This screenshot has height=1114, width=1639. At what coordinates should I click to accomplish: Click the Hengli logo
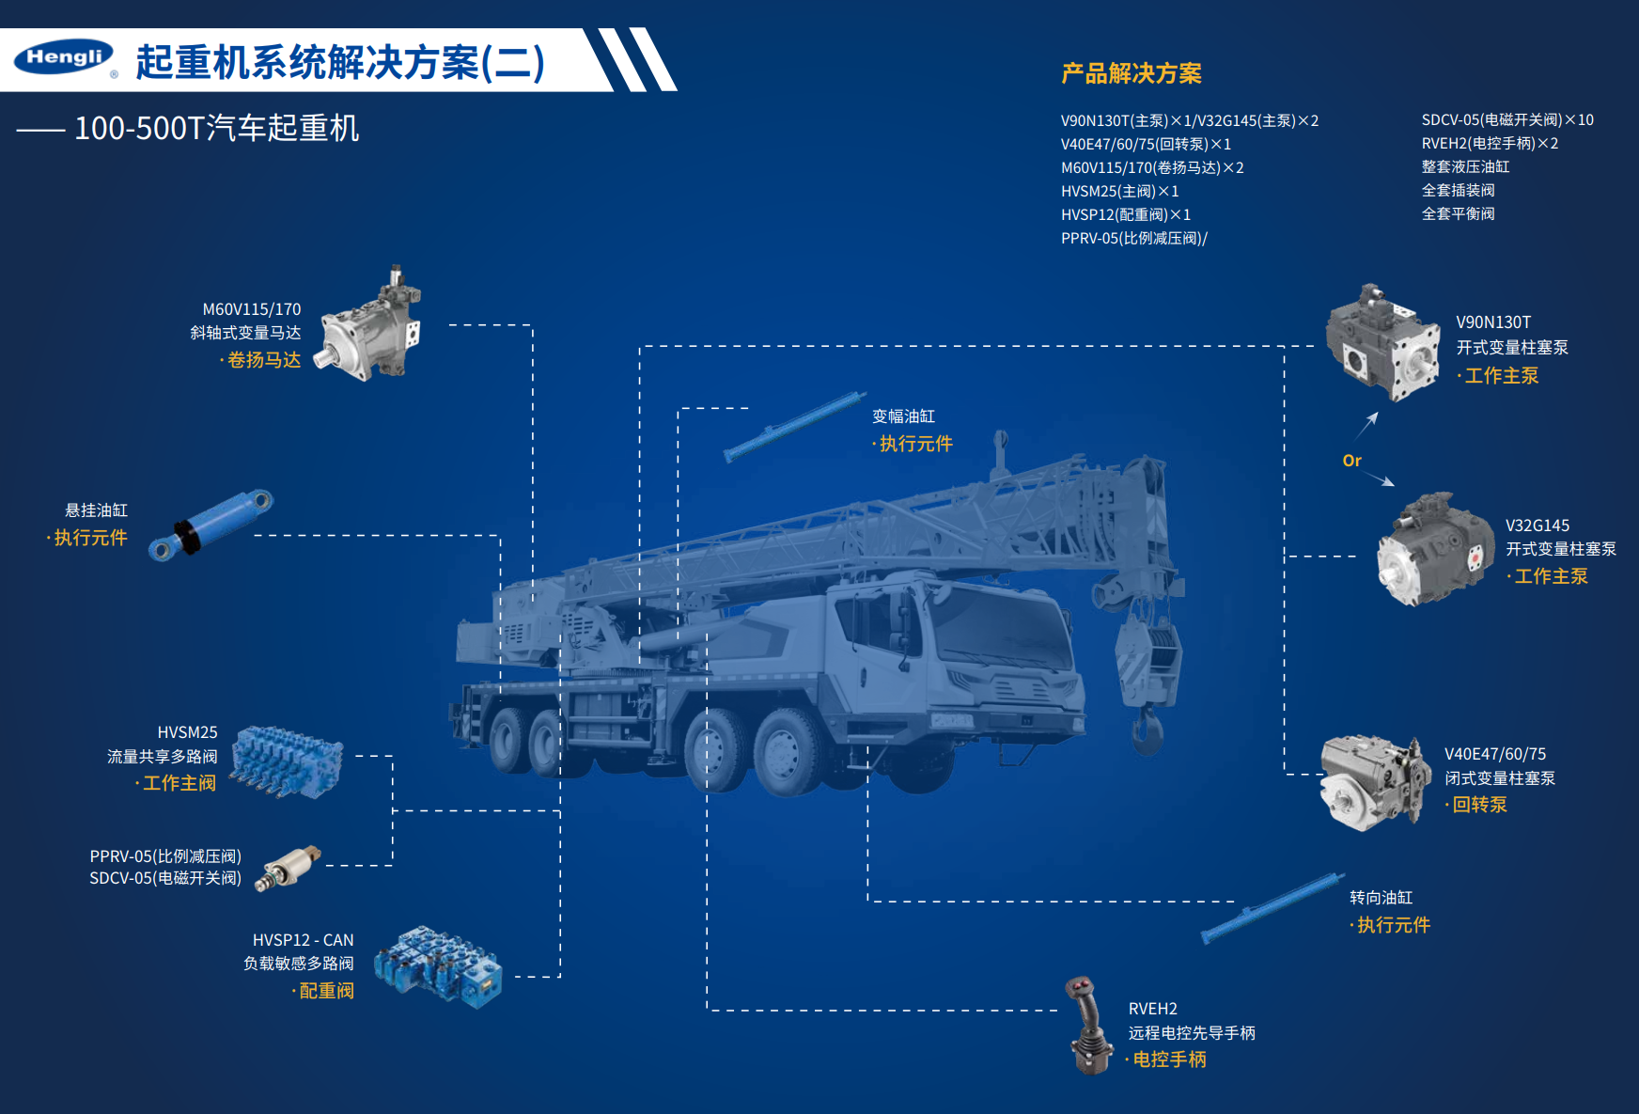pos(65,57)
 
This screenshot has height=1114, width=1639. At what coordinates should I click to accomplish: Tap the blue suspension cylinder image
pos(211,525)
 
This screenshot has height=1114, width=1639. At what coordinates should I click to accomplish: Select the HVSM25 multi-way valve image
pos(286,761)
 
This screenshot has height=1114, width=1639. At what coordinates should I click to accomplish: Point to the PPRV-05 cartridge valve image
pos(289,867)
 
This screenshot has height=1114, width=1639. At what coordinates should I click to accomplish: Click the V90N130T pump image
pos(1382,342)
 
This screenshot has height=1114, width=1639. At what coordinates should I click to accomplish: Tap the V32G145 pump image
pos(1434,549)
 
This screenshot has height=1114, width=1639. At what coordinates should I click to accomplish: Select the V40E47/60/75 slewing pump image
pos(1376,783)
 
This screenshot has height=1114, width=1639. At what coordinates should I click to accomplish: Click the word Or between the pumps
pos(1351,461)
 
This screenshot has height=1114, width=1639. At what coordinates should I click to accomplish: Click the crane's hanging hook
pos(1147,730)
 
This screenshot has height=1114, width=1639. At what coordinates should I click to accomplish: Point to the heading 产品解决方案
pos(1132,73)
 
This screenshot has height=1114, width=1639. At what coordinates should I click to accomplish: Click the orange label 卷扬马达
pos(264,360)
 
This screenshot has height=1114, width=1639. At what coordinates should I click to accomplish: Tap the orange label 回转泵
pos(1479,805)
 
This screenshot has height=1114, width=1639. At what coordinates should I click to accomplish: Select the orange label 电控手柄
pos(1169,1059)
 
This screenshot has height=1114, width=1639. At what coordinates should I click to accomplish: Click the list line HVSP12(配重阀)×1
pos(1126,214)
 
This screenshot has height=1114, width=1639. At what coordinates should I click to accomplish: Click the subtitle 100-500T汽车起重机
pos(216,128)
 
